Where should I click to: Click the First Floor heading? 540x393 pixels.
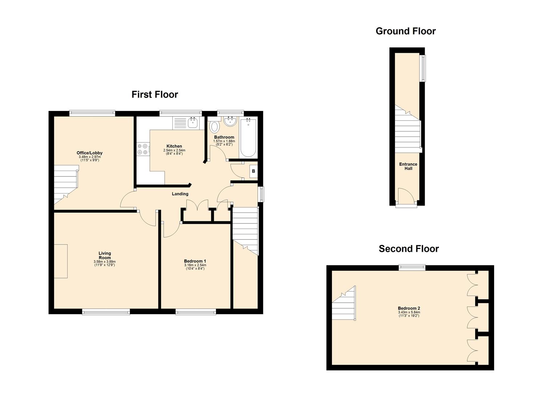(155, 94)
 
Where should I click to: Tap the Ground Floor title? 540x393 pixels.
(406, 31)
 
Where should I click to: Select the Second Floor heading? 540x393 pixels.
(409, 249)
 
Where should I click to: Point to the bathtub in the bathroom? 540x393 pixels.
(248, 137)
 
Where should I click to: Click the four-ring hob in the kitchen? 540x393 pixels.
(142, 149)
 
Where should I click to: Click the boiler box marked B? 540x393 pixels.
(253, 171)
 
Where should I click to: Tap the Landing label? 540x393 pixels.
(180, 194)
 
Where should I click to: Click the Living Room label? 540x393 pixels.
(105, 255)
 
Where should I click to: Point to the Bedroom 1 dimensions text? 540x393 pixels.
(195, 267)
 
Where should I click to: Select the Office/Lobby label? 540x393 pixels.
(89, 153)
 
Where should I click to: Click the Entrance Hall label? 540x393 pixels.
(408, 166)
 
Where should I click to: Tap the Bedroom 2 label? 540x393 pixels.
(409, 308)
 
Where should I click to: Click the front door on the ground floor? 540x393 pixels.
(406, 198)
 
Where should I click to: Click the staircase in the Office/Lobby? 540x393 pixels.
(65, 184)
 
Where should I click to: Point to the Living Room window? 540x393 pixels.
(106, 312)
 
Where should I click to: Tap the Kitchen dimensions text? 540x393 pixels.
(174, 152)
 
